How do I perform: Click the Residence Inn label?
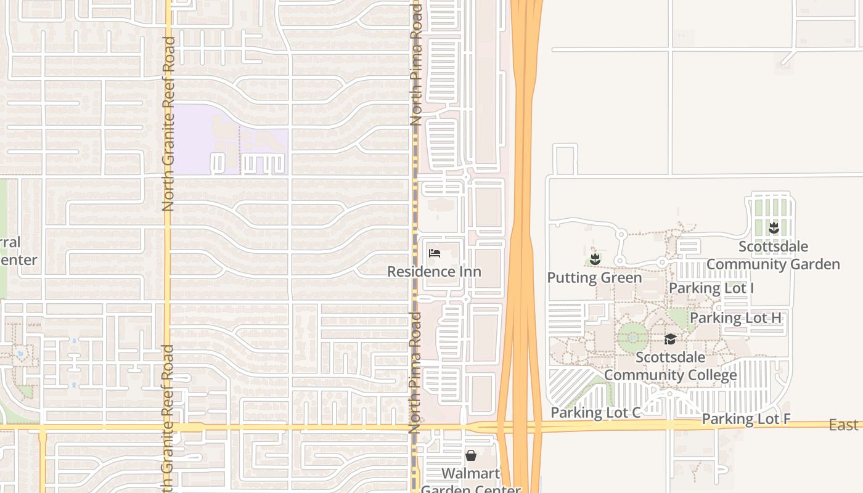pyautogui.click(x=434, y=272)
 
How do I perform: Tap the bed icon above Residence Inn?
pyautogui.click(x=435, y=253)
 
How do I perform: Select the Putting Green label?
pyautogui.click(x=594, y=278)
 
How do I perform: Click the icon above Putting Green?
pyautogui.click(x=595, y=259)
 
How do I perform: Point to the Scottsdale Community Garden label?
pyautogui.click(x=773, y=256)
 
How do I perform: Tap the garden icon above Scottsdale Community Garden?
pyautogui.click(x=774, y=229)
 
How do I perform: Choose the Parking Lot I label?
pyautogui.click(x=711, y=288)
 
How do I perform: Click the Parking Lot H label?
pyautogui.click(x=735, y=318)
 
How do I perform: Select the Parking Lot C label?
pyautogui.click(x=595, y=413)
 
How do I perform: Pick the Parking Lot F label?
pyautogui.click(x=746, y=420)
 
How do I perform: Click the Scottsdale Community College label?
pyautogui.click(x=671, y=366)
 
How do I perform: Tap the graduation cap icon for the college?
pyautogui.click(x=670, y=340)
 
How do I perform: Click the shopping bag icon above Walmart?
pyautogui.click(x=471, y=455)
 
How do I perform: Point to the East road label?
pyautogui.click(x=843, y=425)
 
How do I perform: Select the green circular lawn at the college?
pyautogui.click(x=633, y=337)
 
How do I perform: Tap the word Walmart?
pyautogui.click(x=471, y=474)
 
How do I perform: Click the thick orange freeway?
pyautogui.click(x=522, y=185)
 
